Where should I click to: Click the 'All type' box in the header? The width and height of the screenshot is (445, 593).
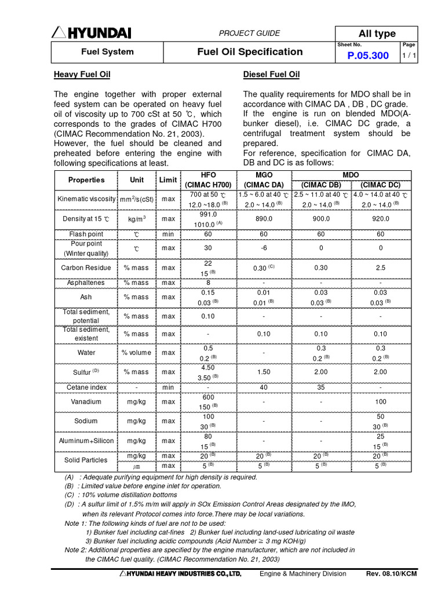pos(377,34)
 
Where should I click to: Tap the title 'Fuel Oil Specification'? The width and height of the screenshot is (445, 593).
pos(250,52)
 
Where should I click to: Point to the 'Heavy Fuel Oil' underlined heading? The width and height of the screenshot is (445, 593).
pos(82,75)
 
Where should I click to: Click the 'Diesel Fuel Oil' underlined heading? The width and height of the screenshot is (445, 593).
pos(271,75)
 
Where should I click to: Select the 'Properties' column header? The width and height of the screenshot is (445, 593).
pos(86,180)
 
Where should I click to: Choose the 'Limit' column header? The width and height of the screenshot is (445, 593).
pos(168,180)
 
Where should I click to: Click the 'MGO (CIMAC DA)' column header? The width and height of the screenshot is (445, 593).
pos(264,180)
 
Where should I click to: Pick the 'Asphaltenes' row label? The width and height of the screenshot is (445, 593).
pos(86,283)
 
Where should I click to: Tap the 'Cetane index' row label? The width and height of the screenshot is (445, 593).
pos(86,387)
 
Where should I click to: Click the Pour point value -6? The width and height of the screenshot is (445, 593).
pos(264,248)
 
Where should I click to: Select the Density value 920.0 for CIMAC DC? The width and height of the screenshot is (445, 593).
pos(381,219)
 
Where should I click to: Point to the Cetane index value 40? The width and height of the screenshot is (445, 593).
pos(264,387)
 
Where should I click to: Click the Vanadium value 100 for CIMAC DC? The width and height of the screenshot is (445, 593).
pos(381,401)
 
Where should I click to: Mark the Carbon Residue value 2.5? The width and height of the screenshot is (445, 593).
pos(381,268)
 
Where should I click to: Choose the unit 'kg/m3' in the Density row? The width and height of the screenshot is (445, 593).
pos(137,219)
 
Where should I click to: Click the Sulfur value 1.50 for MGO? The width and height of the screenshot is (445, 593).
pos(264,372)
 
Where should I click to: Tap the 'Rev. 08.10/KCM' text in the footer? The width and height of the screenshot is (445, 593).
pos(391,574)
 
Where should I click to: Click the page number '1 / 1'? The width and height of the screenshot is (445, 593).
pos(408,56)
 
